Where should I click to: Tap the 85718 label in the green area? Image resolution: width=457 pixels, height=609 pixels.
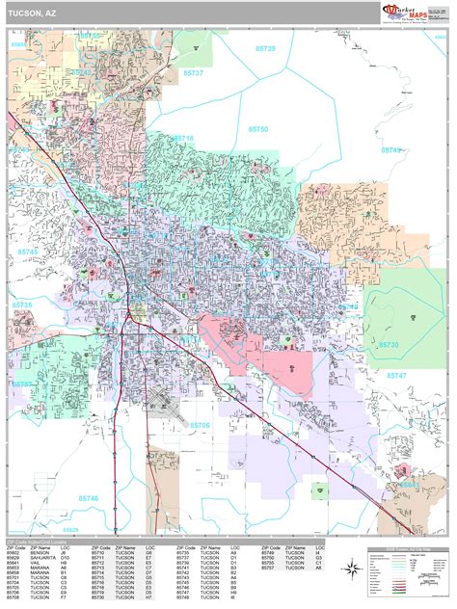point(183,139)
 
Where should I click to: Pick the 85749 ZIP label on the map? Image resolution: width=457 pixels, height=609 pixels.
point(390,151)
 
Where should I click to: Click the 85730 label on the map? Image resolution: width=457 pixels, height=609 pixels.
point(390,343)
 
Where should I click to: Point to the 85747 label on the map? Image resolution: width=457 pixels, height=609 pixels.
point(396,374)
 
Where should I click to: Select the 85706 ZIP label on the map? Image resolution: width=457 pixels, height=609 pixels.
point(201,424)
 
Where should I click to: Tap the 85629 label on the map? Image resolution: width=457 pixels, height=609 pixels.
point(70,528)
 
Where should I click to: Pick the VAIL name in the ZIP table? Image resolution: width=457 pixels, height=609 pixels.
point(34,565)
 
